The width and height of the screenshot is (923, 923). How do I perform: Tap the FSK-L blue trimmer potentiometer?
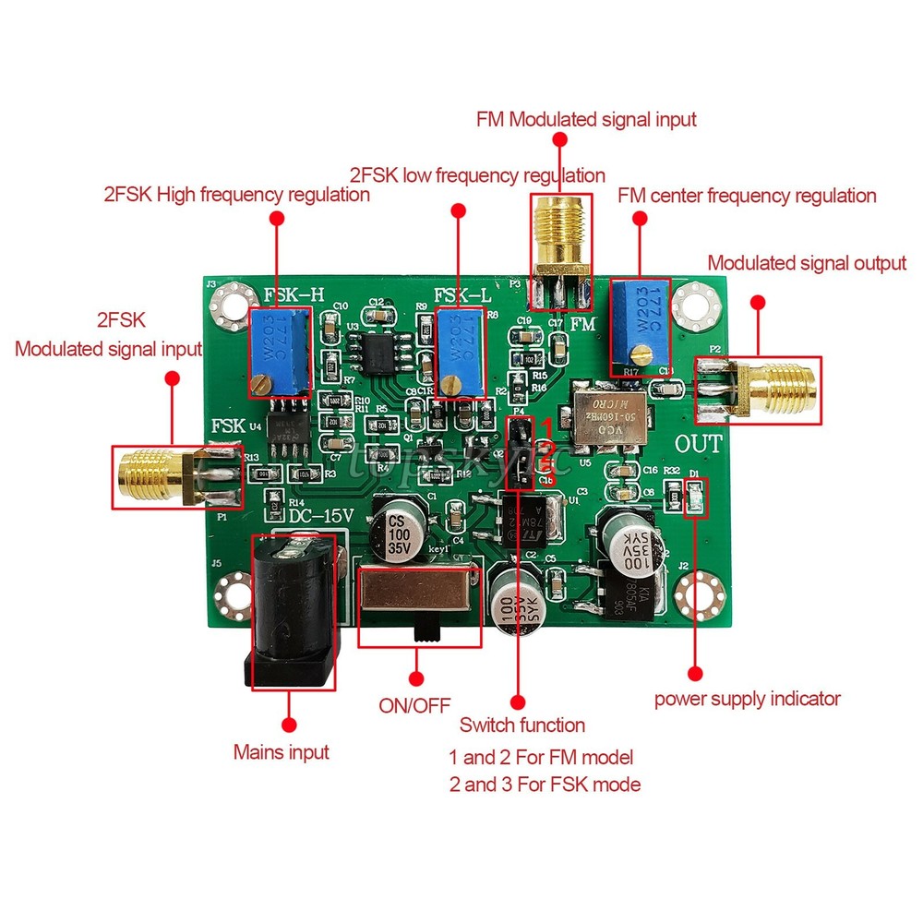[x=461, y=352]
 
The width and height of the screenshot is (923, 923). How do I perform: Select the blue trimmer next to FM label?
[x=640, y=328]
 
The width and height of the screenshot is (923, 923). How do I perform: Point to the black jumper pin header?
[x=520, y=450]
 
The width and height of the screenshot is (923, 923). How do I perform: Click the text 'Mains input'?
[x=281, y=752]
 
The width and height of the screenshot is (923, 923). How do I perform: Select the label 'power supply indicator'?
[x=748, y=699]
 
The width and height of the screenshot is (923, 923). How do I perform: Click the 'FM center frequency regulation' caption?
[x=746, y=196]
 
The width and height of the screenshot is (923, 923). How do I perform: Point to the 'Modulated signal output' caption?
[x=806, y=263]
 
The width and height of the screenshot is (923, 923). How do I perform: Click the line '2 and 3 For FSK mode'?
[x=545, y=785]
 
